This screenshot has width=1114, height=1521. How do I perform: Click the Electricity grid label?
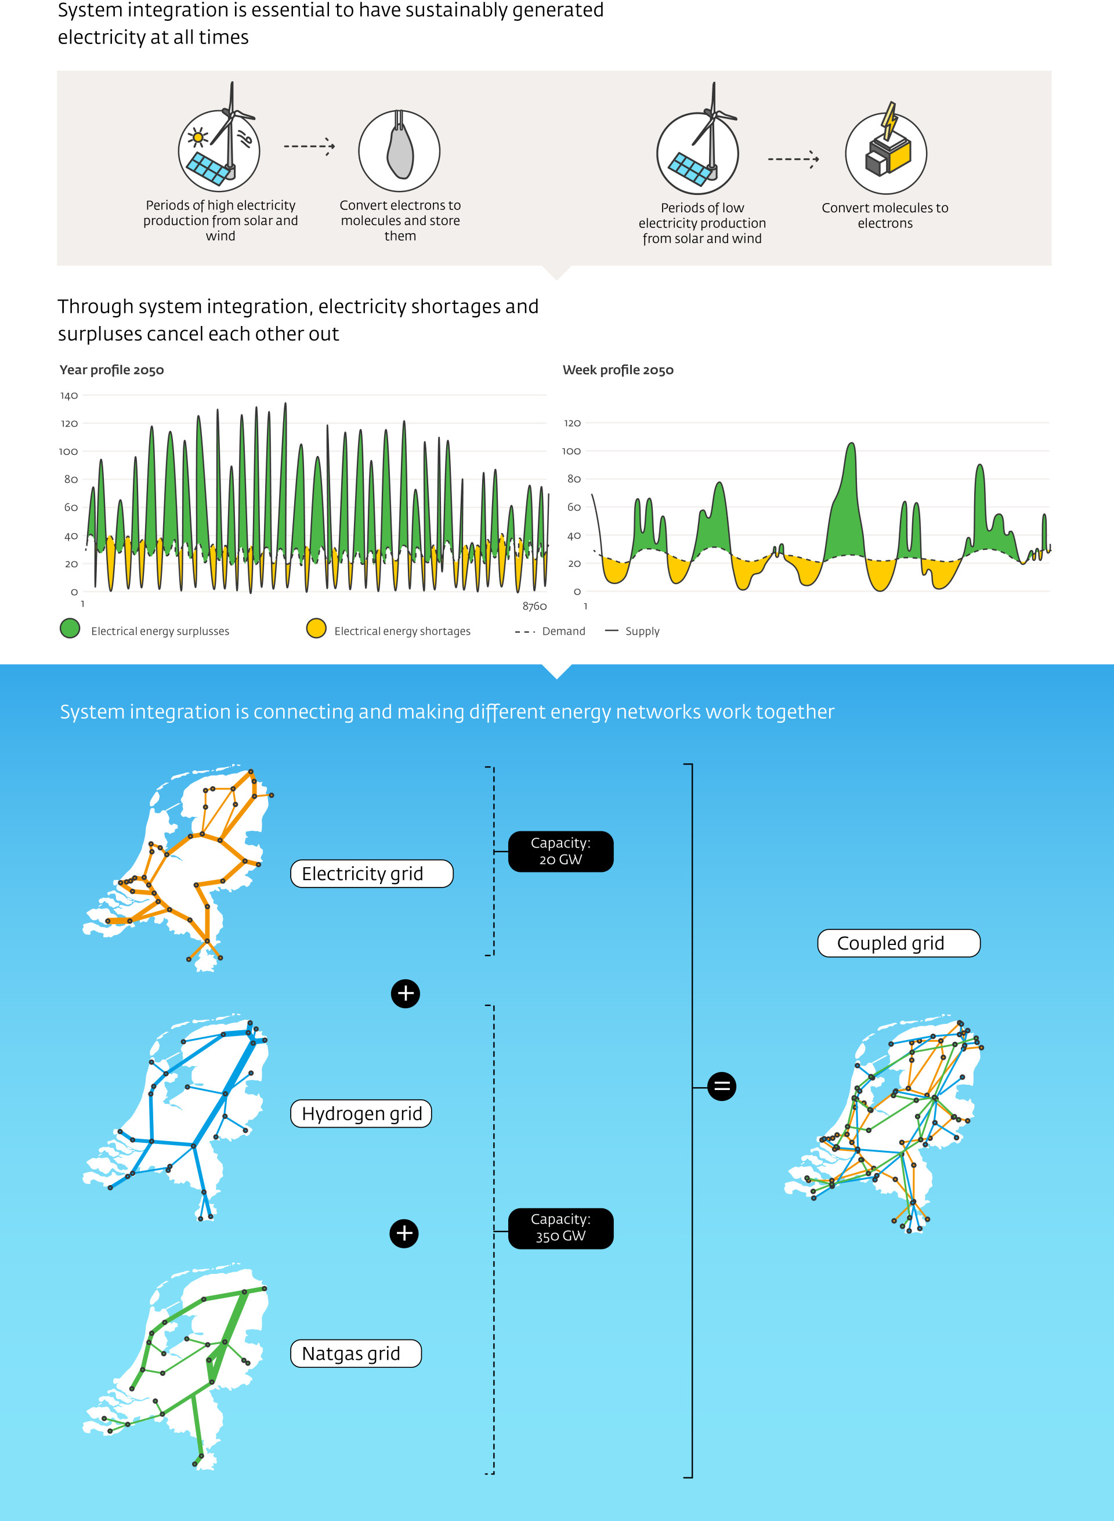[371, 874]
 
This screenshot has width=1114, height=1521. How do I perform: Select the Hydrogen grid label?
[361, 1113]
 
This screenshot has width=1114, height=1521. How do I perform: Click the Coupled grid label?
[899, 943]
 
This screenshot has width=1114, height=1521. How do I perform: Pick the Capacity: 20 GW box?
[560, 852]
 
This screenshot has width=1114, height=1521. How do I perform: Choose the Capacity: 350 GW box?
[560, 1229]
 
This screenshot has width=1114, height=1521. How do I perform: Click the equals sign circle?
[722, 1086]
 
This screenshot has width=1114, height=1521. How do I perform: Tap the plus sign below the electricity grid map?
[405, 994]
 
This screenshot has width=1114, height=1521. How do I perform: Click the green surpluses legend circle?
[70, 628]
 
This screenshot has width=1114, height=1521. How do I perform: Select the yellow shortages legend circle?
[316, 628]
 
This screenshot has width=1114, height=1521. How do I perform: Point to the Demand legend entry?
[550, 631]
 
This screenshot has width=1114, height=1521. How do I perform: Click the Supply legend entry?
[632, 631]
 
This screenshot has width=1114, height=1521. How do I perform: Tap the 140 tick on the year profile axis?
[69, 396]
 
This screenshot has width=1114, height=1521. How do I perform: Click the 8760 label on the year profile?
[535, 606]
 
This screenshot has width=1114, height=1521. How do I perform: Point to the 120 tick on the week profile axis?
[572, 423]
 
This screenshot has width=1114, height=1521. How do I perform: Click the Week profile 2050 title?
[618, 370]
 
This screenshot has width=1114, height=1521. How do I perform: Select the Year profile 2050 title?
[111, 370]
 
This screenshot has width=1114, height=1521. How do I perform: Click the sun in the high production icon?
[198, 138]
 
